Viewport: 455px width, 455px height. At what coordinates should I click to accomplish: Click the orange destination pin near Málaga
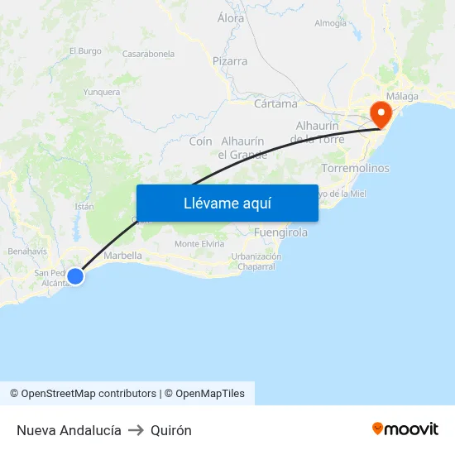pyautogui.click(x=381, y=113)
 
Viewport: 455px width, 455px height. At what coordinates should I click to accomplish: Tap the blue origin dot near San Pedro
pyautogui.click(x=75, y=276)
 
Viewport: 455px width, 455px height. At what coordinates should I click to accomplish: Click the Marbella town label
pyautogui.click(x=123, y=256)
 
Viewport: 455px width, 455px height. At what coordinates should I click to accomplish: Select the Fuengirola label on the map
pyautogui.click(x=280, y=232)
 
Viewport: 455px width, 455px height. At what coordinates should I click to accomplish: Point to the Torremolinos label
pyautogui.click(x=354, y=168)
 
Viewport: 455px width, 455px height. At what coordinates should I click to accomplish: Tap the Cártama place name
pyautogui.click(x=275, y=104)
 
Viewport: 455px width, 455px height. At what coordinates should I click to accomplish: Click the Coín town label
pyautogui.click(x=200, y=141)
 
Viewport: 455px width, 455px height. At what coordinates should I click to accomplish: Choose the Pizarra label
pyautogui.click(x=229, y=61)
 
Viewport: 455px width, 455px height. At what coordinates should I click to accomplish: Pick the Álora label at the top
pyautogui.click(x=231, y=18)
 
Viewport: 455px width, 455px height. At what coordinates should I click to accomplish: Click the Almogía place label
pyautogui.click(x=331, y=23)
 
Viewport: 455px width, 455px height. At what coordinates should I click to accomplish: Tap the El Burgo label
pyautogui.click(x=85, y=50)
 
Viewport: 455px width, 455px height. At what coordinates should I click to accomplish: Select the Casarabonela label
pyautogui.click(x=148, y=54)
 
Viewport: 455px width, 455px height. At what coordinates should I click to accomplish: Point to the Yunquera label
pyautogui.click(x=102, y=93)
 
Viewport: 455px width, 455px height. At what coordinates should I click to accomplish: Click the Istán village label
pyautogui.click(x=84, y=206)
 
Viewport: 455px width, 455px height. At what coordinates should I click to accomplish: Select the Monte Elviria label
pyautogui.click(x=199, y=244)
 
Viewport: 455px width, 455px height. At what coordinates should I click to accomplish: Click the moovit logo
pyautogui.click(x=405, y=429)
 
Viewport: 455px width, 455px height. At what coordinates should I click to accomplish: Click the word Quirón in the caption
pyautogui.click(x=171, y=430)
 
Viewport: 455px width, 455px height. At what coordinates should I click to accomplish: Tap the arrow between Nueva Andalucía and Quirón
pyautogui.click(x=136, y=430)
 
